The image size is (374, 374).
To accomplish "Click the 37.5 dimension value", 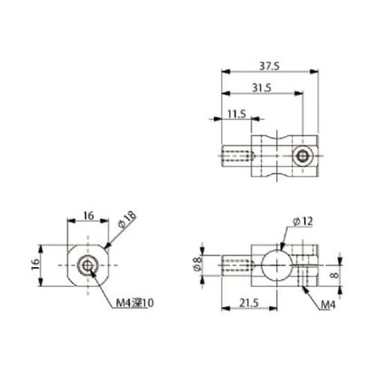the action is (x=269, y=66).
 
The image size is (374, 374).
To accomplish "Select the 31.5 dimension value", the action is (x=262, y=88).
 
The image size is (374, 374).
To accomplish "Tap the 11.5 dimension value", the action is (x=236, y=114).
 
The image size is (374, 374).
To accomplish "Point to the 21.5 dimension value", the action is (x=249, y=303).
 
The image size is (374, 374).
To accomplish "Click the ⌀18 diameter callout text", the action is (x=127, y=219).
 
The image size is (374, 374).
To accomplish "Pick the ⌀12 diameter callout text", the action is (x=303, y=221).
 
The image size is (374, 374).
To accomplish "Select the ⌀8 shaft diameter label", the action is (x=197, y=264).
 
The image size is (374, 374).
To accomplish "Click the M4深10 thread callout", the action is (x=135, y=303).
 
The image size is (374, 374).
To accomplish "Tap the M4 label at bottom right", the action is (x=328, y=304).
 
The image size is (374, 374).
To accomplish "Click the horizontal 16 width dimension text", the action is (x=88, y=215).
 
